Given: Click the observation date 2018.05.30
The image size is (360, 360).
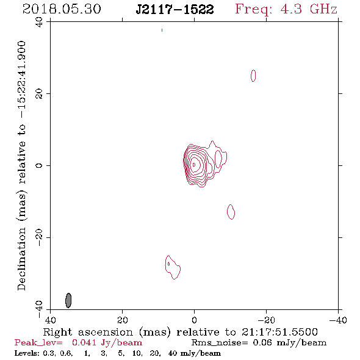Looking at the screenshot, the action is (62, 9).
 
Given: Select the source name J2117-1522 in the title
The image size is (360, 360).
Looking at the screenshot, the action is (175, 10).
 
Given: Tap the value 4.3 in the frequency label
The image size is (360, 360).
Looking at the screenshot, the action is (291, 9).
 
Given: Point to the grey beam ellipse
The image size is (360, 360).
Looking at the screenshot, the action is (68, 300).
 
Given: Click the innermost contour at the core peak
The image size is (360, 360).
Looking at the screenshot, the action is (194, 165).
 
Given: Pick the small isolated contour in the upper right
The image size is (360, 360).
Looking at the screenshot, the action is (253, 76).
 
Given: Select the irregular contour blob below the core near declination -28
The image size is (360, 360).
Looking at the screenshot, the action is (173, 267).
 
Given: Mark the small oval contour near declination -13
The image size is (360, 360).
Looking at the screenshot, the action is (231, 212).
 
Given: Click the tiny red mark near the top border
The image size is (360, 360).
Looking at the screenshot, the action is (162, 30).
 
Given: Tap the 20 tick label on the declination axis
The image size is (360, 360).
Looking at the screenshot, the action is (39, 94).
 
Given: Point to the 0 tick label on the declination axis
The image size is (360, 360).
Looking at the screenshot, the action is (39, 165).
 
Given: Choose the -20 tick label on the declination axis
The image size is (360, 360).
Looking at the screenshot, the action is (39, 237).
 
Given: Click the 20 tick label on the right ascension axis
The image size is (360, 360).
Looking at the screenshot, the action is (123, 320).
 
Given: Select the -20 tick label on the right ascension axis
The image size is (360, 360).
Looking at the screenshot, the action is (266, 320).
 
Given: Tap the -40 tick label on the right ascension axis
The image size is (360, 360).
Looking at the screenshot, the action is (338, 320).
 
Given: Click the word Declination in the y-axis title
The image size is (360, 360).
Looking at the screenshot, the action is (21, 259).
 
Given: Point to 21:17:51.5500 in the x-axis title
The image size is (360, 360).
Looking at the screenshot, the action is (279, 332).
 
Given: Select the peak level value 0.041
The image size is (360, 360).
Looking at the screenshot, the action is (84, 343).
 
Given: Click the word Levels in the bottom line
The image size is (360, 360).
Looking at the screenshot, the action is (26, 353).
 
